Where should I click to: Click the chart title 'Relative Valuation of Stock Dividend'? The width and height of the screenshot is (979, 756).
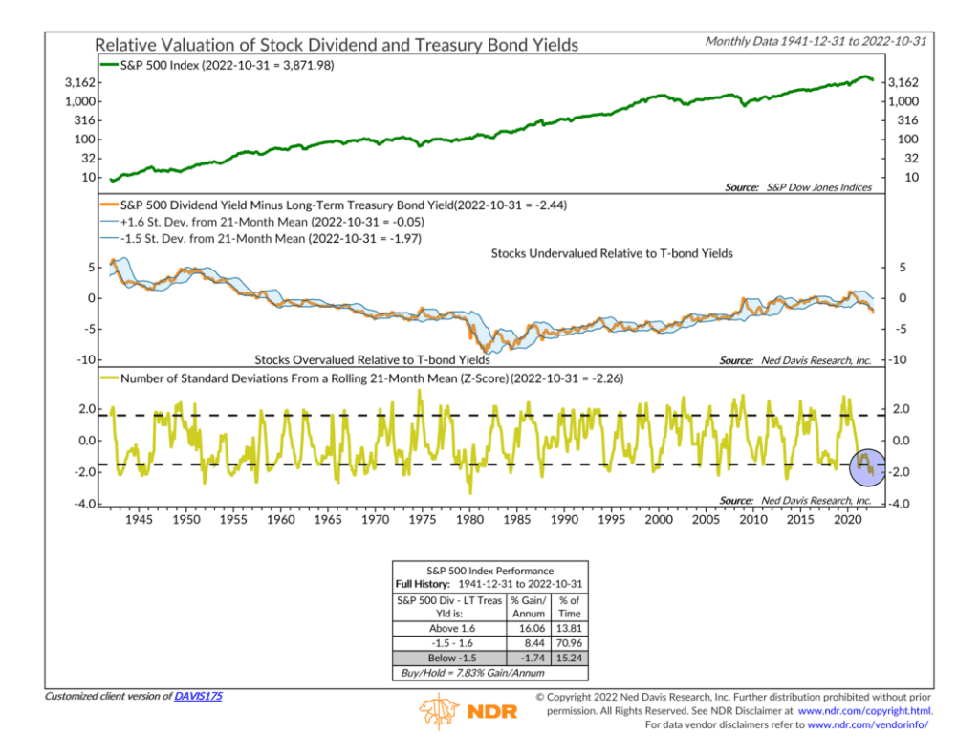[337, 45]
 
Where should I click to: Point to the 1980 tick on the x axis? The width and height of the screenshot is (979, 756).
[469, 519]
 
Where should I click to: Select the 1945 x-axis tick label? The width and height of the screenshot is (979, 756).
[139, 519]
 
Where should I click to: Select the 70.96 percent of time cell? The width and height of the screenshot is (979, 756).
[568, 643]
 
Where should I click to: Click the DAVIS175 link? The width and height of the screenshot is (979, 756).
[198, 697]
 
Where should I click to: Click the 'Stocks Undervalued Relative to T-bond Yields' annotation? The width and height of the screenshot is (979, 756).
[612, 253]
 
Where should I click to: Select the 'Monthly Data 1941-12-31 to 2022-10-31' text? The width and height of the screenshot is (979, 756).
[819, 42]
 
